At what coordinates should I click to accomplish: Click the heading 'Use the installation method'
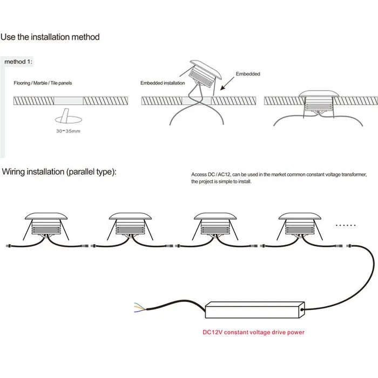click(50, 37)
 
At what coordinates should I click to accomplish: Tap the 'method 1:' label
click(18, 62)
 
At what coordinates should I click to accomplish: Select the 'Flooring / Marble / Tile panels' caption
click(43, 83)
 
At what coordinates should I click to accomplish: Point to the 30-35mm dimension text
click(68, 131)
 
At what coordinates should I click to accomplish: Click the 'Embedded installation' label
click(163, 83)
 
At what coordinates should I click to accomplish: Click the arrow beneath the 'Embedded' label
click(227, 84)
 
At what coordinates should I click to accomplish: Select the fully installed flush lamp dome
click(319, 94)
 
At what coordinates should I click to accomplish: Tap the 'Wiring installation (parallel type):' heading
click(59, 172)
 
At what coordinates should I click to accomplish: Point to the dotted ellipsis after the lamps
click(346, 225)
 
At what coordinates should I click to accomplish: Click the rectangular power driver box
click(255, 310)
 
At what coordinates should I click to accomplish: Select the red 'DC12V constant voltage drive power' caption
click(253, 332)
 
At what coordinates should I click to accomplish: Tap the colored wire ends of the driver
click(140, 308)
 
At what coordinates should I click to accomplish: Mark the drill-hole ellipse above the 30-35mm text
click(69, 119)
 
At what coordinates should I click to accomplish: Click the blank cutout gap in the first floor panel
click(69, 101)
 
